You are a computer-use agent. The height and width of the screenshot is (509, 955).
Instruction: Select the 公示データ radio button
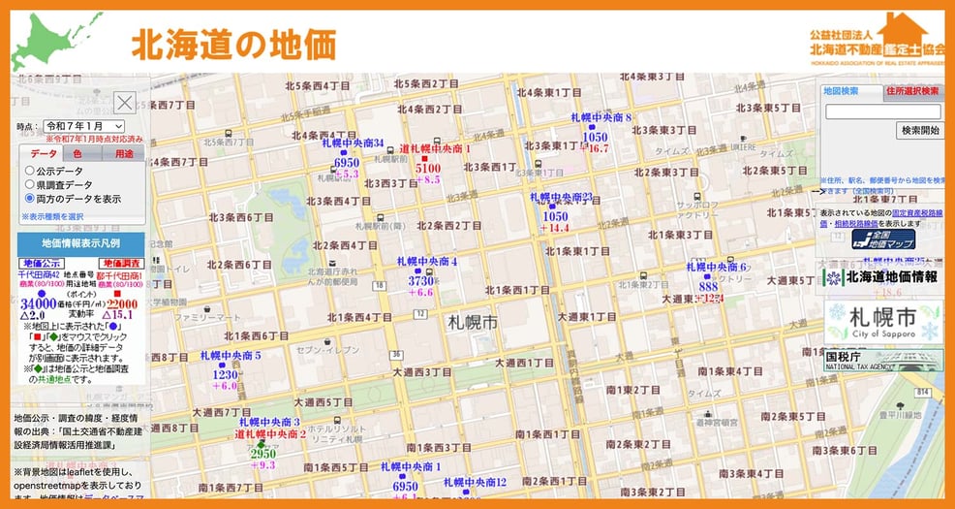[30, 171]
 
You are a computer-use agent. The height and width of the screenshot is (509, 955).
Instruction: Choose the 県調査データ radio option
[30, 184]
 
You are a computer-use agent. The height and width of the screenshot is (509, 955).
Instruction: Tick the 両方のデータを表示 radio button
[30, 199]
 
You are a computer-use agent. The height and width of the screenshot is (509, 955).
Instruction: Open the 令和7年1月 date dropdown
[84, 126]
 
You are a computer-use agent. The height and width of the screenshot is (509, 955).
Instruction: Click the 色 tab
[77, 153]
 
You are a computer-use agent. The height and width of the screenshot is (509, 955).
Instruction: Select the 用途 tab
[124, 153]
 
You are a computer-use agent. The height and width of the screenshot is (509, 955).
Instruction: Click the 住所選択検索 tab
[912, 91]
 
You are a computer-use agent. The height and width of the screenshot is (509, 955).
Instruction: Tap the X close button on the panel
[125, 103]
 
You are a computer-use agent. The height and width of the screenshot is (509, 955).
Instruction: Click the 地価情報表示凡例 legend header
[80, 242]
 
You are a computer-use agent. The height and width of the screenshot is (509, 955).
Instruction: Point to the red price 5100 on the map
[427, 168]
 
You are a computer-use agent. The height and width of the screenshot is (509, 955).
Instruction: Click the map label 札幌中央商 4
[426, 262]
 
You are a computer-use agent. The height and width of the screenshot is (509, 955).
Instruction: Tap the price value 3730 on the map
[421, 280]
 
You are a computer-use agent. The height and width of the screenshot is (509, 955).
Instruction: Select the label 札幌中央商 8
[601, 118]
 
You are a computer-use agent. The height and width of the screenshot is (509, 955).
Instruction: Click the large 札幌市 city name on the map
[472, 321]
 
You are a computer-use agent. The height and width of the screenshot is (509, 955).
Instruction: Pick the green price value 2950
[263, 453]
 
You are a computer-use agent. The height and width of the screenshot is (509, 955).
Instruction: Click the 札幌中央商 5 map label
[231, 356]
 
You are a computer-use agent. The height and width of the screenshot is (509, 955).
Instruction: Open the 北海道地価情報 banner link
[883, 277]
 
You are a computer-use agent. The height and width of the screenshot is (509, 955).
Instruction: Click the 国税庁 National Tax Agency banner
[882, 361]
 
